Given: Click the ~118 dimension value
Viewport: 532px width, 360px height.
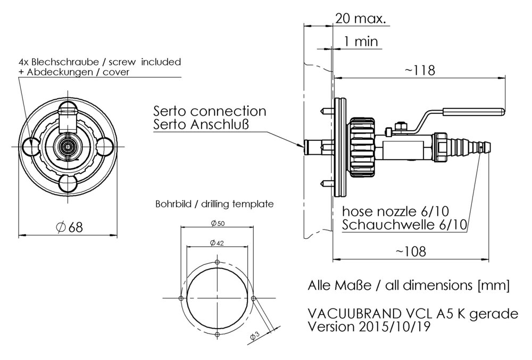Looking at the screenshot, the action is (x=420, y=70).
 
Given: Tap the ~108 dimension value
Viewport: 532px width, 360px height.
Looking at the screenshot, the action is (x=411, y=252).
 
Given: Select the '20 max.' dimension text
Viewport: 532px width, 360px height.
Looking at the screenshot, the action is (x=361, y=18).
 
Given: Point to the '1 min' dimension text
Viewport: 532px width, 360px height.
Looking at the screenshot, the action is (x=361, y=41).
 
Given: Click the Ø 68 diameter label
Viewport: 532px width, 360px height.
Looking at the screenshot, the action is (x=69, y=227).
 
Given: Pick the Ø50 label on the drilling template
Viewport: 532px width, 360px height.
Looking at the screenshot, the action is (x=218, y=223).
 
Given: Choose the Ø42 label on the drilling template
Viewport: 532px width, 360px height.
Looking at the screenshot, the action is (x=217, y=242).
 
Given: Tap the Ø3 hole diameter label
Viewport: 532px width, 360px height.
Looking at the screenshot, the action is (x=255, y=336).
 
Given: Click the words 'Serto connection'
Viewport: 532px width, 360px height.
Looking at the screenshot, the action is (x=210, y=111).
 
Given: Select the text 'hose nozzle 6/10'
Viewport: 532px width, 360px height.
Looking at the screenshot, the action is (x=396, y=211).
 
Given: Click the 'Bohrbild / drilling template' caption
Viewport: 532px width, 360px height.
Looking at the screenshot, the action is (x=214, y=204).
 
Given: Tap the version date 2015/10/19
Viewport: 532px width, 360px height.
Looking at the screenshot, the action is (x=393, y=326).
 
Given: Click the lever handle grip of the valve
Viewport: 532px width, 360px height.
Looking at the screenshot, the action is (x=473, y=111).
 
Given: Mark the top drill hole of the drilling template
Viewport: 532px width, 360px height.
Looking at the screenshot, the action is (x=218, y=262).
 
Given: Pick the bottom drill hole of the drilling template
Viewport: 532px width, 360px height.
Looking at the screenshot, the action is (x=218, y=334).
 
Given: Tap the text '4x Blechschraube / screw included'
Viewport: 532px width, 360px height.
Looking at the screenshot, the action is (x=100, y=62).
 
